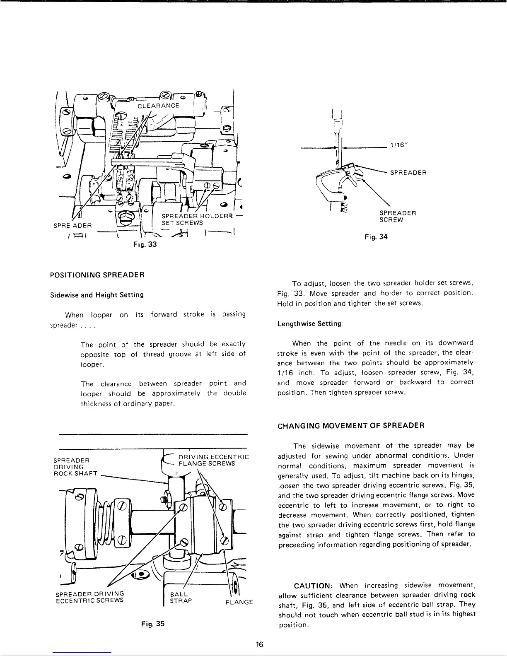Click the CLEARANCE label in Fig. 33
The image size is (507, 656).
[x=158, y=105]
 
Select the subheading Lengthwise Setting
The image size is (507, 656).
[x=309, y=323]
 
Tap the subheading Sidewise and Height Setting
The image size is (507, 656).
[x=97, y=295]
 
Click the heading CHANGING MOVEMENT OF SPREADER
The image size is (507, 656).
[x=350, y=425]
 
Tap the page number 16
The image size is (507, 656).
[x=260, y=644]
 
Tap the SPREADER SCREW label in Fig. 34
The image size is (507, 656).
[x=397, y=216]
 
